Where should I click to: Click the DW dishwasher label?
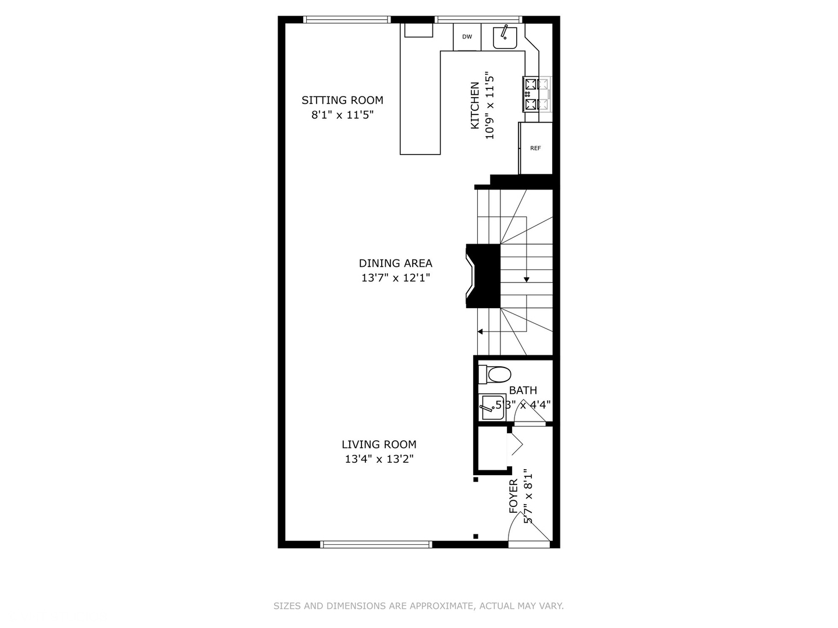(467, 37)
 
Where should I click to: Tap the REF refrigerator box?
(535, 148)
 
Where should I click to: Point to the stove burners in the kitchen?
(537, 94)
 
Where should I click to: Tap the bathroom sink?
(492, 407)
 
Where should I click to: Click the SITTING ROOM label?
(342, 100)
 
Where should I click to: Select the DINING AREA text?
(395, 263)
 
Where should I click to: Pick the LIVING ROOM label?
(379, 444)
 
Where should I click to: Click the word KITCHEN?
(475, 105)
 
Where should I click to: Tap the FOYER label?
(513, 496)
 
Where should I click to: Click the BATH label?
(523, 390)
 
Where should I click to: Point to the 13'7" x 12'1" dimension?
(395, 278)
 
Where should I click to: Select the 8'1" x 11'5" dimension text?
(342, 115)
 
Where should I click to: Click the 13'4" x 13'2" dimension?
(379, 459)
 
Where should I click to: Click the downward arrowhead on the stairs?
(527, 280)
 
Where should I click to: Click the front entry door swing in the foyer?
(528, 529)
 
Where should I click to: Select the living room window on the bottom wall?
(376, 544)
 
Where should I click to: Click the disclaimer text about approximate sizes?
(418, 606)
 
